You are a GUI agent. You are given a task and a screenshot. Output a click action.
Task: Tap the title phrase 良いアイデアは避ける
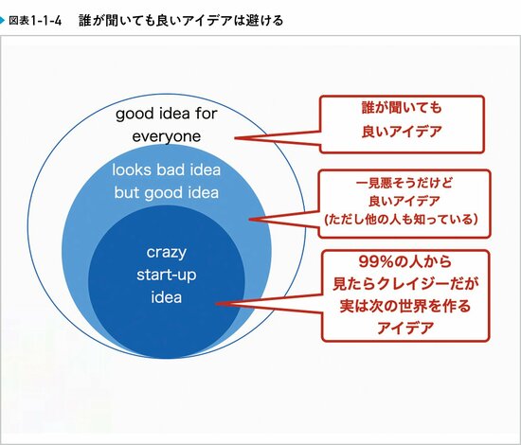(x=223, y=19)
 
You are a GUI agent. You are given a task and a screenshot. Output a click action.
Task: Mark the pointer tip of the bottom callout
(x=215, y=303)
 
